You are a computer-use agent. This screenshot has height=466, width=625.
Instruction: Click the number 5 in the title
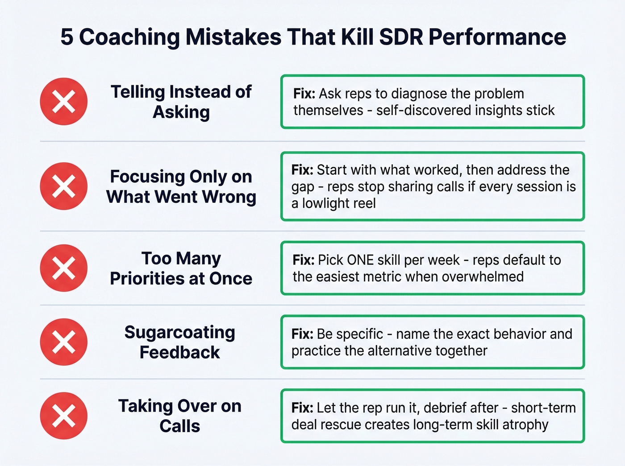click(67, 37)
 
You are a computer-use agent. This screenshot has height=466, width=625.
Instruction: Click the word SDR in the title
click(400, 37)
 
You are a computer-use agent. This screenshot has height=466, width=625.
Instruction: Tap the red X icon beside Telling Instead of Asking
click(64, 101)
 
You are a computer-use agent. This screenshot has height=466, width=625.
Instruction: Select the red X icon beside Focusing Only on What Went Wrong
click(64, 186)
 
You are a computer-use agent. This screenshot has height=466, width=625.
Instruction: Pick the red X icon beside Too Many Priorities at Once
click(64, 268)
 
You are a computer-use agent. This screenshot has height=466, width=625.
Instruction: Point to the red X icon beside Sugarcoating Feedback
click(64, 342)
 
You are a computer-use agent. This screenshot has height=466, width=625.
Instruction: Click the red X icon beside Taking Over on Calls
click(64, 416)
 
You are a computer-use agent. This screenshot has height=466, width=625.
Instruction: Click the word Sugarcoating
click(180, 332)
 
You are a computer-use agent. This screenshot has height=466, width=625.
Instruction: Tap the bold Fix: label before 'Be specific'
click(303, 334)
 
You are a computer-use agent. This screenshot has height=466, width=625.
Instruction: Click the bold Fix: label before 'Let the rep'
click(303, 408)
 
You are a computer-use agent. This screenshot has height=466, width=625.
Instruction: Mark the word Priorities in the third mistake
click(147, 279)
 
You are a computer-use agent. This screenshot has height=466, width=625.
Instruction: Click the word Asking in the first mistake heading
click(181, 112)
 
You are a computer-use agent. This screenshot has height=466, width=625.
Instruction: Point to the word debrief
click(448, 408)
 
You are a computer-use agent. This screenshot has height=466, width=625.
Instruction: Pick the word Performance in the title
click(497, 37)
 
